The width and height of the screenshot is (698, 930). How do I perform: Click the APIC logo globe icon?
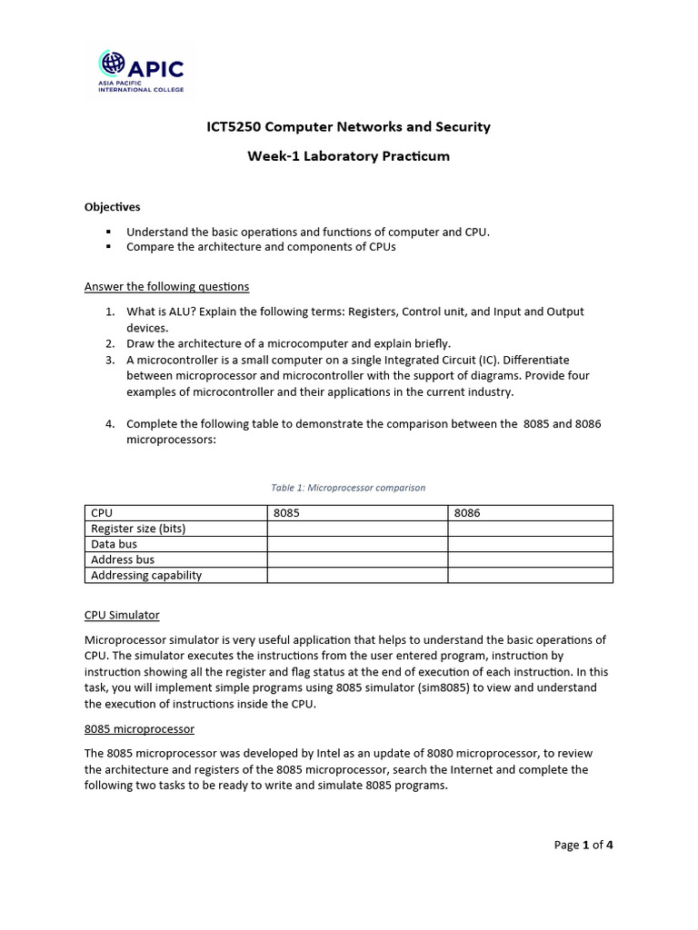[x=113, y=64]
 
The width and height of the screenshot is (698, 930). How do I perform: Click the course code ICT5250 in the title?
[x=234, y=127]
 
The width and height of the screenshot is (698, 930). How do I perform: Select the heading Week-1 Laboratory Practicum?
[x=348, y=156]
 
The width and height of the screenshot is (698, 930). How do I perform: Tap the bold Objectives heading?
[x=113, y=207]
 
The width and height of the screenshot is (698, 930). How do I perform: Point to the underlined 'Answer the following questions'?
[x=166, y=287]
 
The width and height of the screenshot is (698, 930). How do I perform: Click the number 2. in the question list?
[x=109, y=343]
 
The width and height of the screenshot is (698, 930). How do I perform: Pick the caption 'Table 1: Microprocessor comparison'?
[x=348, y=488]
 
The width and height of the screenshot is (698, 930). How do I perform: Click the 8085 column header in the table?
[x=286, y=513]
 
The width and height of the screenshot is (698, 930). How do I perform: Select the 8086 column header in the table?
[x=467, y=513]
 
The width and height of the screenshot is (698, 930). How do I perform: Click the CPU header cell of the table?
[x=102, y=513]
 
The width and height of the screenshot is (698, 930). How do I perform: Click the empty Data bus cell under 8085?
[x=357, y=544]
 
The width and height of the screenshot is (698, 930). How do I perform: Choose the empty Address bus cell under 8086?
[x=530, y=559]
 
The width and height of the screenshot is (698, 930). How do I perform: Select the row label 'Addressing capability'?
[x=146, y=575]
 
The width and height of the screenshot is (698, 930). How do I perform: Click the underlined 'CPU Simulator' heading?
[x=122, y=616]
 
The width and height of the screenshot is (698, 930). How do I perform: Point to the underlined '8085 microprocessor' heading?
[x=139, y=729]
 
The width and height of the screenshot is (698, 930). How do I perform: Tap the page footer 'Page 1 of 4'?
[x=583, y=846]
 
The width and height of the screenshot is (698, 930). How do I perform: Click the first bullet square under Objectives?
[x=108, y=232]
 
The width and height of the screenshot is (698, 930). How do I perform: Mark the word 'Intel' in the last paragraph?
[x=326, y=754]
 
